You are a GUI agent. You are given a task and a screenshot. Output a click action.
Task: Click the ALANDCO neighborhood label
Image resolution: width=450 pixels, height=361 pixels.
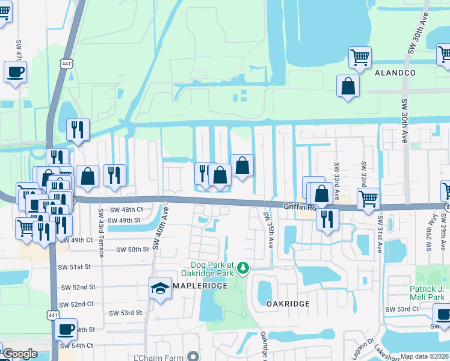point(395,72)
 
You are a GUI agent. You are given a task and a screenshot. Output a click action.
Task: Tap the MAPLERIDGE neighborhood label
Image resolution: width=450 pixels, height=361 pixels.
point(200,285)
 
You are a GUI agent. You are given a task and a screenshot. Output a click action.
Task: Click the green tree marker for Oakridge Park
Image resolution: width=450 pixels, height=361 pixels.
point(242,266)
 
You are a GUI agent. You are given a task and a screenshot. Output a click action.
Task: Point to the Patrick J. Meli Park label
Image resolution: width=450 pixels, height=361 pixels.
point(427,293)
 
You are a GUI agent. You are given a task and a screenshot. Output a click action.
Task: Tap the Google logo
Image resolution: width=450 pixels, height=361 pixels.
point(19,354)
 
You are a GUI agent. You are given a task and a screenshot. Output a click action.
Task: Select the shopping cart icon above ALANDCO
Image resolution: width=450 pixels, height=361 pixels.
point(360,58)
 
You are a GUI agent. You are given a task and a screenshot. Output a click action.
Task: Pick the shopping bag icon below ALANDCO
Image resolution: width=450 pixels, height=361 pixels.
point(348,86)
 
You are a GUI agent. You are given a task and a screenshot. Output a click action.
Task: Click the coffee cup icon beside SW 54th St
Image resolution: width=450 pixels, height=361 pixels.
point(66,330)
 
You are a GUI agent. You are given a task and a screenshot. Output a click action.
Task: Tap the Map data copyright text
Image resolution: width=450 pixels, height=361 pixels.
point(425,356)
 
